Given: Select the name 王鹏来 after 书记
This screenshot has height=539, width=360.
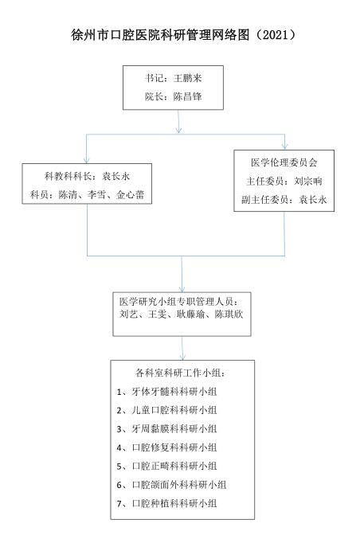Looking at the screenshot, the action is [187, 78].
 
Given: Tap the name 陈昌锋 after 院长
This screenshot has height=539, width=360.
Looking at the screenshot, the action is [187, 96].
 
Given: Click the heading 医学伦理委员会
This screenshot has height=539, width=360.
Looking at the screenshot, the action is [284, 162].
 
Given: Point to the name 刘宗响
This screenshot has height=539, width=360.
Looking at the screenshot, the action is [308, 181].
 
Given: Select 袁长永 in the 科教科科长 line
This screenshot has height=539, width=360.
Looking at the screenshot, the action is [115, 176].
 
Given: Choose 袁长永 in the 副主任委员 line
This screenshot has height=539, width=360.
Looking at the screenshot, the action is [312, 199].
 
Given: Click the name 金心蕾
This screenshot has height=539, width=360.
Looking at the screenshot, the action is [130, 195].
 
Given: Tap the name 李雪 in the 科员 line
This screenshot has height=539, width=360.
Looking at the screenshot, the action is [96, 195].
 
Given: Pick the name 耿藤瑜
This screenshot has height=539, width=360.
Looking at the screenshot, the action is [191, 314].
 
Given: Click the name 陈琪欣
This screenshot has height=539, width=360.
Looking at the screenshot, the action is [229, 314].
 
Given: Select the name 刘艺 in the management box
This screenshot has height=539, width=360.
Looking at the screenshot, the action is [128, 314].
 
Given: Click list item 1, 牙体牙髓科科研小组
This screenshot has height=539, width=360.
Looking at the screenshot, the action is [166, 392].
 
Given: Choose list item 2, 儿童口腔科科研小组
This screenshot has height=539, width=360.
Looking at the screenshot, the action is [166, 410].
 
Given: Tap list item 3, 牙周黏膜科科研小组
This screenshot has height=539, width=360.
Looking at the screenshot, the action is [166, 428].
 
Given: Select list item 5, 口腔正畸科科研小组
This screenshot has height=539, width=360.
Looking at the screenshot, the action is [166, 466].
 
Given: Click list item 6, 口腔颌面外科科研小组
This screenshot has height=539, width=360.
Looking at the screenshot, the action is [171, 485].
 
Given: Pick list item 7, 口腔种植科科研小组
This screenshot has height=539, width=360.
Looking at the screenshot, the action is [166, 503].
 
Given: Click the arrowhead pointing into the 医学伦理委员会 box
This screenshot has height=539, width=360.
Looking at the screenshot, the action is [284, 146].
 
